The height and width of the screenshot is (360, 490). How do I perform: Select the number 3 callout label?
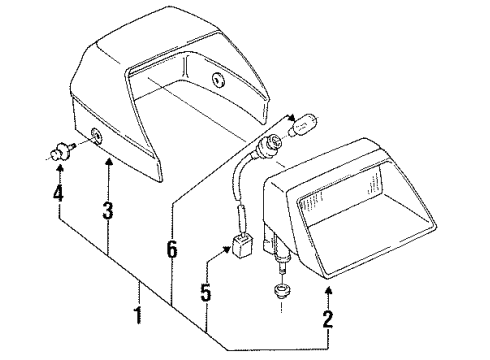pos(107,211)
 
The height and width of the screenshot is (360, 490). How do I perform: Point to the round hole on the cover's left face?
pos(98,138)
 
